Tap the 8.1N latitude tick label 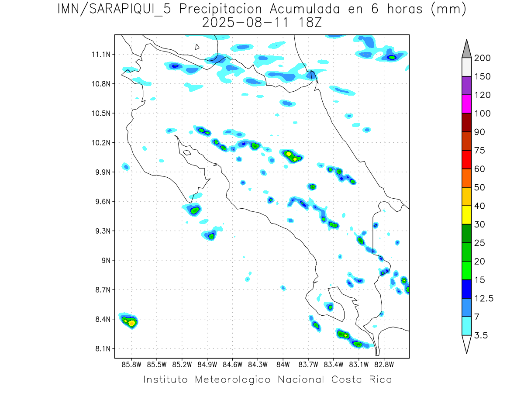tap(102, 348)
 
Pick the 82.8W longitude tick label tap(384, 364)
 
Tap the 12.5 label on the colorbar tap(484, 298)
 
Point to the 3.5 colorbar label tap(482, 335)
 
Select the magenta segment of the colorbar tap(466, 104)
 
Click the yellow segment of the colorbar tap(466, 214)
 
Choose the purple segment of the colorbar tap(466, 86)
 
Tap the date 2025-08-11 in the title tap(245, 23)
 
